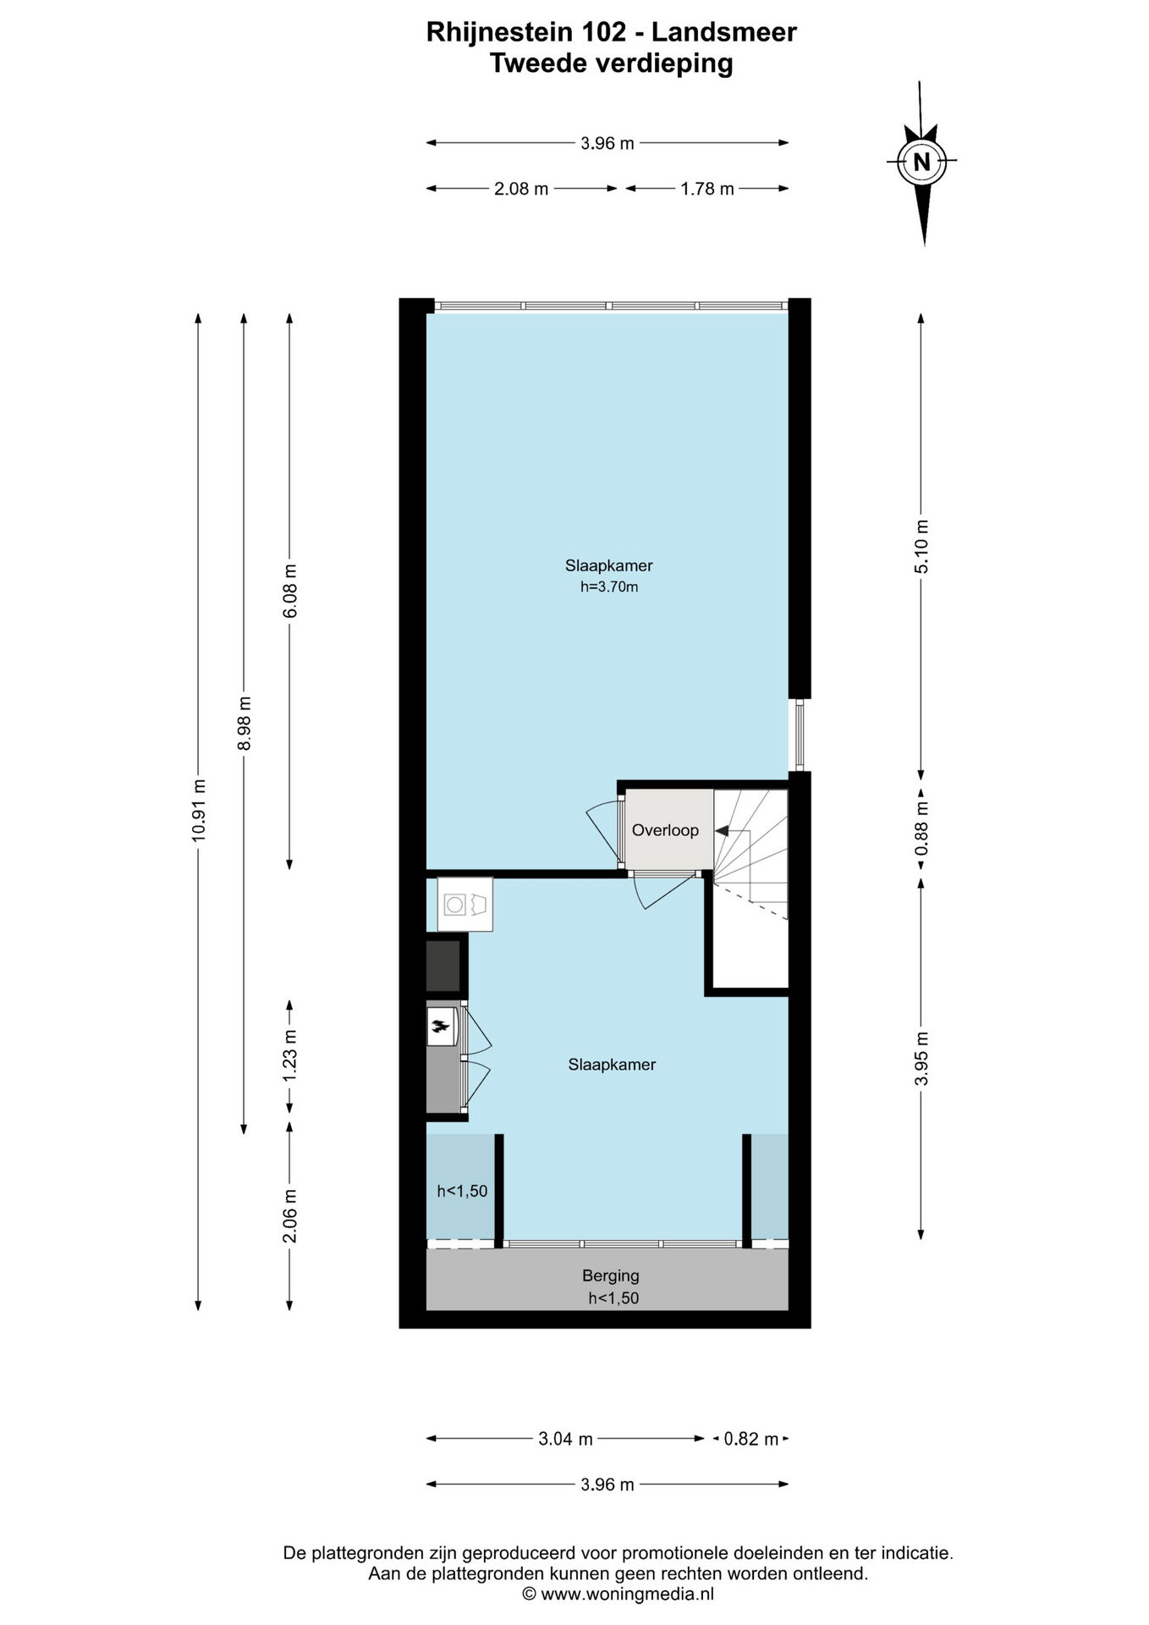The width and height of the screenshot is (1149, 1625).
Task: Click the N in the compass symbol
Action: (x=921, y=161)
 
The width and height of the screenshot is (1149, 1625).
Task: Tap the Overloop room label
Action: (x=665, y=830)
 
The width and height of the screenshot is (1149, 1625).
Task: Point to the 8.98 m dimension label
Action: (x=244, y=723)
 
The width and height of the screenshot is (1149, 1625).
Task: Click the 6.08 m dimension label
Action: (x=289, y=591)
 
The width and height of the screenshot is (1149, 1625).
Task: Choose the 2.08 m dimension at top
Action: (x=521, y=189)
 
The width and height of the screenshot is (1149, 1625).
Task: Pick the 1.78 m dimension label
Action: (x=707, y=189)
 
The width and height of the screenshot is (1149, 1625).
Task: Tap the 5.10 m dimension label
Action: (x=921, y=547)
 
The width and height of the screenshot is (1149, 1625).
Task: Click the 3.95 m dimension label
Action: (x=921, y=1058)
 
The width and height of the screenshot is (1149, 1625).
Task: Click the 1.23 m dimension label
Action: (x=289, y=1055)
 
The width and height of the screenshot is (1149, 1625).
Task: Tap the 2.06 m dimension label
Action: (x=289, y=1215)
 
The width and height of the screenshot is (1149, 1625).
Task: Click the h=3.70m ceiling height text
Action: (x=609, y=587)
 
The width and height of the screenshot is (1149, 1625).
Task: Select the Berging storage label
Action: (x=611, y=1275)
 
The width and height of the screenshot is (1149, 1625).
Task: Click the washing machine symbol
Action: (x=465, y=905)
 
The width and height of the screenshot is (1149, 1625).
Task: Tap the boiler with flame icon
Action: (x=441, y=1027)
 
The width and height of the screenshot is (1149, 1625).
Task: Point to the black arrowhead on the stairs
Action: (x=721, y=831)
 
